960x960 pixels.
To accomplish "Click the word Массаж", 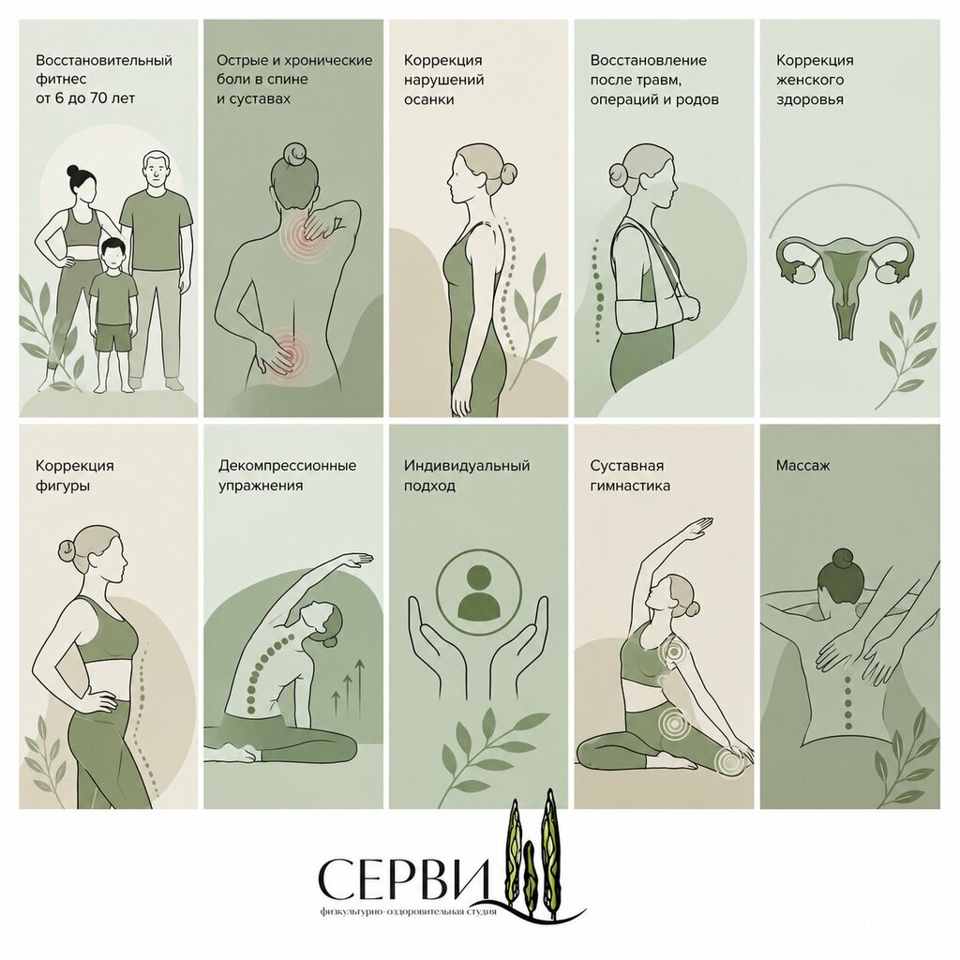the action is [x=802, y=466].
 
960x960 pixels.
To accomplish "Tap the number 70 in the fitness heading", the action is [x=99, y=97].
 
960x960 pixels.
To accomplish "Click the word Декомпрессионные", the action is [x=287, y=465].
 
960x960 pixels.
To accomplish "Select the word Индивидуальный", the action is [x=467, y=466].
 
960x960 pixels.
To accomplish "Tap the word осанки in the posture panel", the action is [x=428, y=99].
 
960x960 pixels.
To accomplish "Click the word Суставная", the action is [x=627, y=466].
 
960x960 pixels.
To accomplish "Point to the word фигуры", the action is [x=63, y=487].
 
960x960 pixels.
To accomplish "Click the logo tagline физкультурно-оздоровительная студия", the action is [x=408, y=911].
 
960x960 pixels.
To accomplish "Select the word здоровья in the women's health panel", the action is [x=810, y=99].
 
